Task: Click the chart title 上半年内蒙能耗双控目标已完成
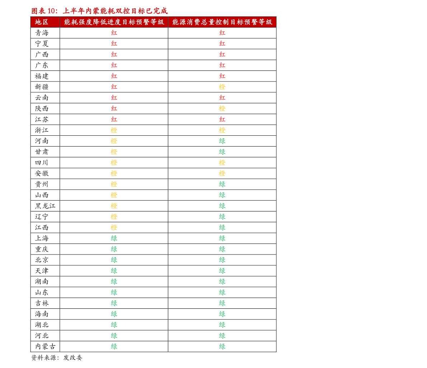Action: pyautogui.click(x=115, y=11)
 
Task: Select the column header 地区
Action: pyautogui.click(x=42, y=22)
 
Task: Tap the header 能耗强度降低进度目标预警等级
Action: pyautogui.click(x=114, y=22)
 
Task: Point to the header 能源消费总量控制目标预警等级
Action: pyautogui.click(x=222, y=22)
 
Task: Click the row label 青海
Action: pyautogui.click(x=42, y=33)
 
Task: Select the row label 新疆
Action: pyautogui.click(x=42, y=87)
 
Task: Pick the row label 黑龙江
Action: pyautogui.click(x=45, y=206)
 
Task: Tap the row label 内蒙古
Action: pyautogui.click(x=45, y=346)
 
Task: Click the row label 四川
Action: pyautogui.click(x=42, y=163)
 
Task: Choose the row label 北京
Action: pyautogui.click(x=42, y=260)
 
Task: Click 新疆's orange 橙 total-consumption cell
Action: pyautogui.click(x=222, y=87)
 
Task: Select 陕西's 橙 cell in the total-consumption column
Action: pyautogui.click(x=222, y=108)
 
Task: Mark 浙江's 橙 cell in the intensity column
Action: pyautogui.click(x=114, y=130)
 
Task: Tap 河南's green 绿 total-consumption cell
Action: pyautogui.click(x=222, y=141)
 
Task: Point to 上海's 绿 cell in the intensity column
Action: pyautogui.click(x=114, y=238)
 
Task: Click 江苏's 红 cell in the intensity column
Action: pyautogui.click(x=114, y=120)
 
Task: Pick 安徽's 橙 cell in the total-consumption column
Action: pyautogui.click(x=222, y=173)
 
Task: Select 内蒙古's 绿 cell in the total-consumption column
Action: pyautogui.click(x=222, y=346)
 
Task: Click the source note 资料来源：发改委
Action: pyautogui.click(x=57, y=358)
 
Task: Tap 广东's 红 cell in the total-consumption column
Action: pyautogui.click(x=222, y=65)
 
